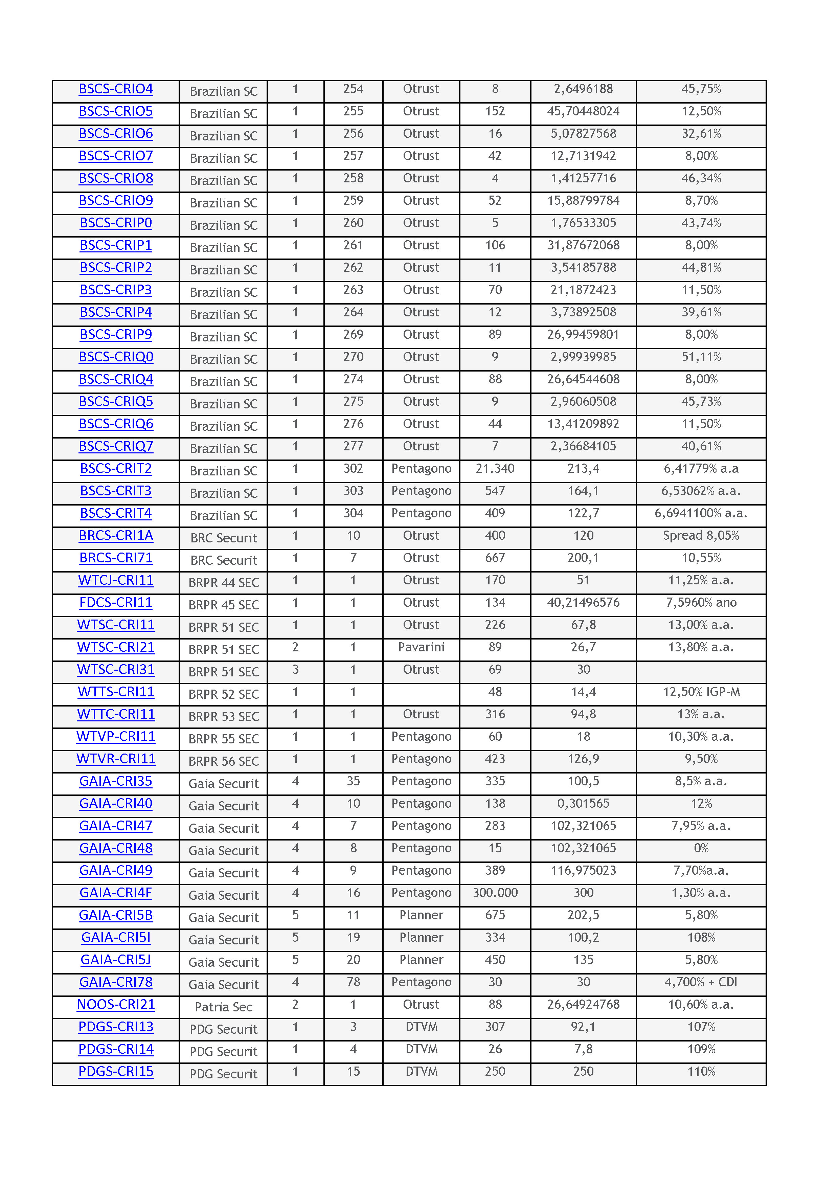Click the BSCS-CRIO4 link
pyautogui.click(x=116, y=89)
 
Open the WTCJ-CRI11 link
pyautogui.click(x=116, y=581)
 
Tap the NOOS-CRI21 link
pyautogui.click(x=116, y=1005)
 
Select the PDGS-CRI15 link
pyautogui.click(x=116, y=1071)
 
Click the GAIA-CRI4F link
pyautogui.click(x=116, y=893)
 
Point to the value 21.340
pyautogui.click(x=495, y=469)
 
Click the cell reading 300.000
pyautogui.click(x=495, y=893)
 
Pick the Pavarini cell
pyautogui.click(x=421, y=647)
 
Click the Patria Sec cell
pyautogui.click(x=223, y=1007)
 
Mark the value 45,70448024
pyautogui.click(x=583, y=112)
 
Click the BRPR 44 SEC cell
pyautogui.click(x=223, y=583)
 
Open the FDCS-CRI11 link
pyautogui.click(x=116, y=603)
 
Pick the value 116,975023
pyautogui.click(x=583, y=871)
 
